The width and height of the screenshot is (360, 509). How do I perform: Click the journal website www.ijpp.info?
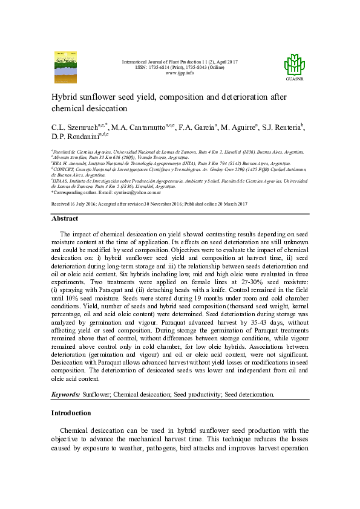tap(180, 73)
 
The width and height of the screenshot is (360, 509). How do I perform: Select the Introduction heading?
tap(71, 413)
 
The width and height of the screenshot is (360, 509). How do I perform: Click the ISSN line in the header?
tap(180, 68)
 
